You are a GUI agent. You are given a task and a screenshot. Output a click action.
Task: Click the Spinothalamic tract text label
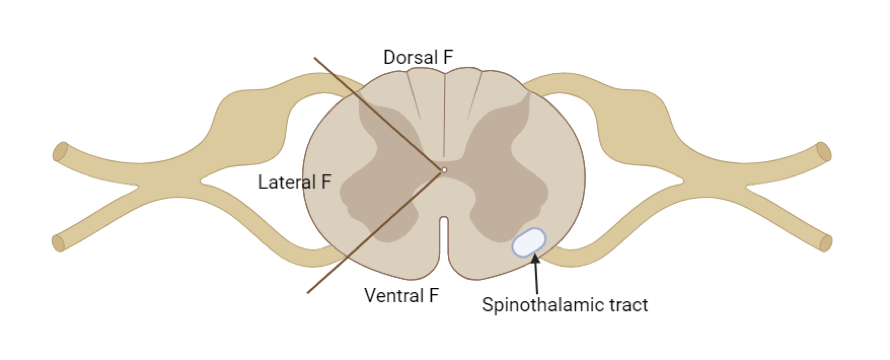(565, 305)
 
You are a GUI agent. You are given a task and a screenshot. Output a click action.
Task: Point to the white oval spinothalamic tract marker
(529, 242)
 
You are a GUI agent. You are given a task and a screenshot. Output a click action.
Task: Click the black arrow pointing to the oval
(536, 273)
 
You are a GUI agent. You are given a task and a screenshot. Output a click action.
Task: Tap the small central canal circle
(445, 170)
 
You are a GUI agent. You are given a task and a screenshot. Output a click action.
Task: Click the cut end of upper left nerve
(61, 152)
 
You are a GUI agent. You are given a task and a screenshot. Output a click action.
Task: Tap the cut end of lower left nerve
(59, 242)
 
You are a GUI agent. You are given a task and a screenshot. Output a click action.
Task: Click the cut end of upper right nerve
(823, 152)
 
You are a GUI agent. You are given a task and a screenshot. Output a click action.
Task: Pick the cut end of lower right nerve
(826, 242)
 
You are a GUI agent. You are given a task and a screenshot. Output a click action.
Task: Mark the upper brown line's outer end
(315, 58)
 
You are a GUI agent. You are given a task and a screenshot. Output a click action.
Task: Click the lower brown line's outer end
(307, 294)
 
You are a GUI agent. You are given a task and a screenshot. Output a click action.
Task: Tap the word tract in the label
(628, 305)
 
